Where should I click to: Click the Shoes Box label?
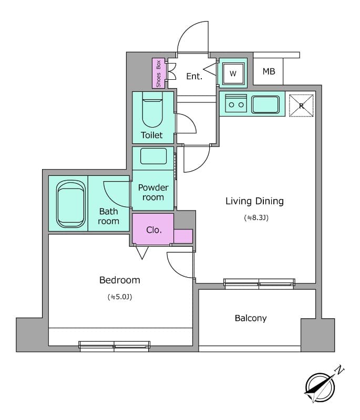158,73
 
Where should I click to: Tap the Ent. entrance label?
194,76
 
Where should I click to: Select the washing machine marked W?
233,73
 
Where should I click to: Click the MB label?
269,71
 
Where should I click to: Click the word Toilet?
152,135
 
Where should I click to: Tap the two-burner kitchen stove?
235,104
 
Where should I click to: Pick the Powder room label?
153,192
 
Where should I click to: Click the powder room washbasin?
153,156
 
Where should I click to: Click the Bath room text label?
109,216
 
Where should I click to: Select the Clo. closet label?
154,229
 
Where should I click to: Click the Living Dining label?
254,201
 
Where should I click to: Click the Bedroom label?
120,280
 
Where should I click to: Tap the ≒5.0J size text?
120,297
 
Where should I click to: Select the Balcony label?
251,318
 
